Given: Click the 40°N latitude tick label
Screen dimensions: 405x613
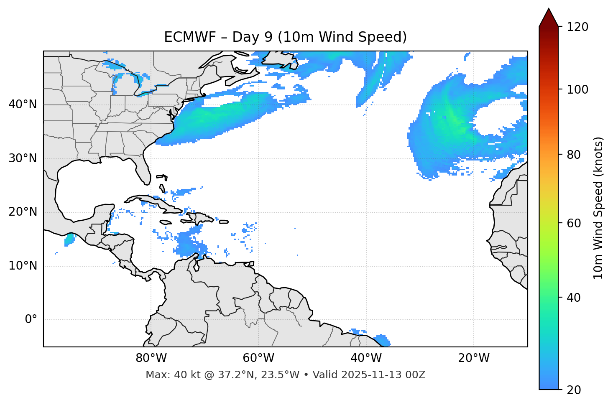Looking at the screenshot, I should click(23, 104).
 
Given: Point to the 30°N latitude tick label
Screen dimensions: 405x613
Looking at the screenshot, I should click(23, 158).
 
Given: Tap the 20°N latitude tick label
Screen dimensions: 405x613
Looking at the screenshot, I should click(23, 212).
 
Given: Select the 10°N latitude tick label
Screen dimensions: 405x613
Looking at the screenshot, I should click(23, 266).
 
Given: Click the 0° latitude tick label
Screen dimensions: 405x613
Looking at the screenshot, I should click(31, 320).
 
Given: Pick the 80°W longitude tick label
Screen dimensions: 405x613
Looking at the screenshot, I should click(151, 358).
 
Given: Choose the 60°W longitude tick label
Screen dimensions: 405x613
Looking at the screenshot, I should click(258, 358).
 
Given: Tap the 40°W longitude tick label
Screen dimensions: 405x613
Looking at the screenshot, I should click(366, 358).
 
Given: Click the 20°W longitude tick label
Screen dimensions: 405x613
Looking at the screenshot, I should click(473, 358).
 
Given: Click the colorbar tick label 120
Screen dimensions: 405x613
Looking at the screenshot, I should click(577, 27).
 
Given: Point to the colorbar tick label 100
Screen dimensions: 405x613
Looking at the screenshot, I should click(577, 90).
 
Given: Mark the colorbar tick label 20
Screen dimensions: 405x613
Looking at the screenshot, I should click(574, 390).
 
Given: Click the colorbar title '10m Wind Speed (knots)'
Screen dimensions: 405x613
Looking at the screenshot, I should click(598, 208).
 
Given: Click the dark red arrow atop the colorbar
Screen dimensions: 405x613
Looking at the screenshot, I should click(549, 18).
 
